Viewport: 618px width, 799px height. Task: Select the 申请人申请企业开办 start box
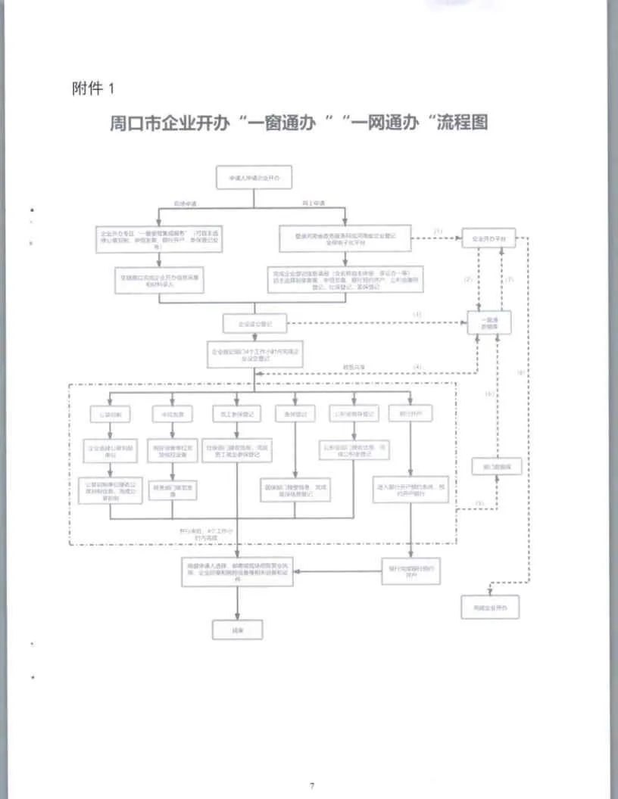click(x=254, y=179)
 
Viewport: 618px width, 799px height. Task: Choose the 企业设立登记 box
click(x=254, y=323)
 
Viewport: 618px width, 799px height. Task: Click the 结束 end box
click(x=238, y=628)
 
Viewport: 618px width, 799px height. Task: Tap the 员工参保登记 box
click(x=237, y=415)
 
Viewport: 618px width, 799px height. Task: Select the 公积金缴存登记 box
click(x=353, y=415)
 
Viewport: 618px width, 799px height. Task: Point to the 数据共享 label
click(x=355, y=367)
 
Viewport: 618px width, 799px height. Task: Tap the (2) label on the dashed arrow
click(x=468, y=279)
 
